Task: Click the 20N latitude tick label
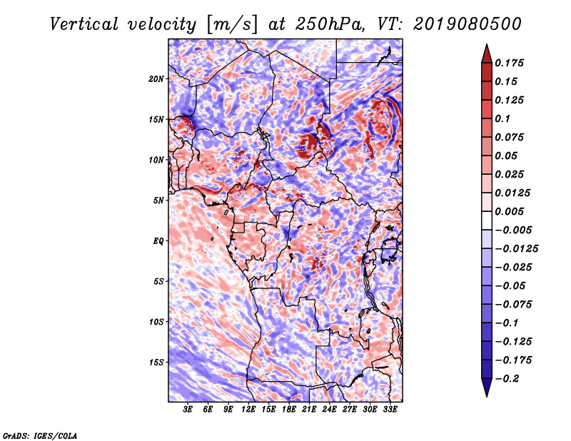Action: pyautogui.click(x=156, y=78)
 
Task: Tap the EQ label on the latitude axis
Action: pyautogui.click(x=158, y=241)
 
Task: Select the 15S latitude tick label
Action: pyautogui.click(x=156, y=363)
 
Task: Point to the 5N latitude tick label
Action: pyautogui.click(x=158, y=201)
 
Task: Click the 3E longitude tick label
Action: pyautogui.click(x=188, y=410)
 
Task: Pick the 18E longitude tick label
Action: pyautogui.click(x=289, y=410)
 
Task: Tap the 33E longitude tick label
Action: pyautogui.click(x=390, y=410)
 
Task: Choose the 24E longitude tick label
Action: pyautogui.click(x=330, y=410)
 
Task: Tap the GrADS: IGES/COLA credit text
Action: pyautogui.click(x=39, y=435)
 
